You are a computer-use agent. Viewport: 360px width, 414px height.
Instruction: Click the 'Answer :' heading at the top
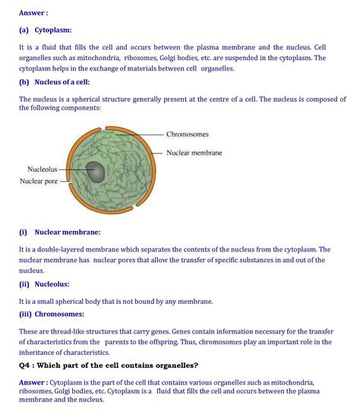33,13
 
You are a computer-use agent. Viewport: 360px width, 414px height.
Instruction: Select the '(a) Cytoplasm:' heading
46,30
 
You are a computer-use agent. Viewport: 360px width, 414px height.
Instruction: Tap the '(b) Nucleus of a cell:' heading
59,84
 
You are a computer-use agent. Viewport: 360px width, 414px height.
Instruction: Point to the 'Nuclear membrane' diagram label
194,153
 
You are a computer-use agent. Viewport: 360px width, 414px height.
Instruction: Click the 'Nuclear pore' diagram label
43,181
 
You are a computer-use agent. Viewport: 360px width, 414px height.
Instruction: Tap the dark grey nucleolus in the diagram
96,171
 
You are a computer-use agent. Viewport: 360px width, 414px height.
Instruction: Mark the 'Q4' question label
27,365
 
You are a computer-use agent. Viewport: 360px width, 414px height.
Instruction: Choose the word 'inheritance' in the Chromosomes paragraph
42,352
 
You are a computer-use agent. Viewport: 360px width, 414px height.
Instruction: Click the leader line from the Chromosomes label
149,134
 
